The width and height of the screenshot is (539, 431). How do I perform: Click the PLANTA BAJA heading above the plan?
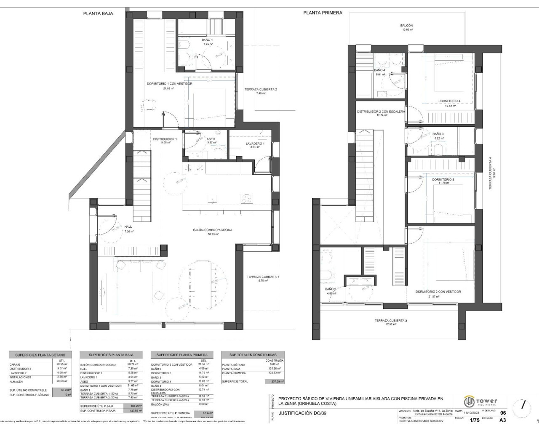[x=98, y=13]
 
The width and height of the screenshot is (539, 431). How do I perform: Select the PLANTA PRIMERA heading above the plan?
[x=323, y=13]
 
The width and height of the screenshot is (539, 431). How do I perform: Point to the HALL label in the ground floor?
[x=128, y=227]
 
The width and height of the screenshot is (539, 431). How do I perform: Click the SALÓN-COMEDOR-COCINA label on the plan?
[x=213, y=230]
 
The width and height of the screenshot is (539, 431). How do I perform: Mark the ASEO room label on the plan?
[x=211, y=139]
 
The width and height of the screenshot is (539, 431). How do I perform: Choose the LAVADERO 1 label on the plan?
[x=255, y=144]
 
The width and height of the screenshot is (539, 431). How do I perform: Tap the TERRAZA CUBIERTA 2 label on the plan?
[x=261, y=89]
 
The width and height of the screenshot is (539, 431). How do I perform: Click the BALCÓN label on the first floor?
[x=407, y=26]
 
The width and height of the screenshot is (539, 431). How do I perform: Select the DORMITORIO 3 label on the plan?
[x=443, y=180]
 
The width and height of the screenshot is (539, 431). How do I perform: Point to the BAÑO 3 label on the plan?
[x=438, y=134]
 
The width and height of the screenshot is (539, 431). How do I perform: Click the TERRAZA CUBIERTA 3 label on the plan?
[x=391, y=321]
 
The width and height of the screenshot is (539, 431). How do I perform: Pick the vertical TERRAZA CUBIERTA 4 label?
[x=490, y=173]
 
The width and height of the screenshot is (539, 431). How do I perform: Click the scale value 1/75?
[x=474, y=420]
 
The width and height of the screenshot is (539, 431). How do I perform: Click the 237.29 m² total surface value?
[x=274, y=381]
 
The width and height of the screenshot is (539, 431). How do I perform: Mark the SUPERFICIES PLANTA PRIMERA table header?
[x=182, y=355]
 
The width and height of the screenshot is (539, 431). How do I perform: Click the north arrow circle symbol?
[x=523, y=405]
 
